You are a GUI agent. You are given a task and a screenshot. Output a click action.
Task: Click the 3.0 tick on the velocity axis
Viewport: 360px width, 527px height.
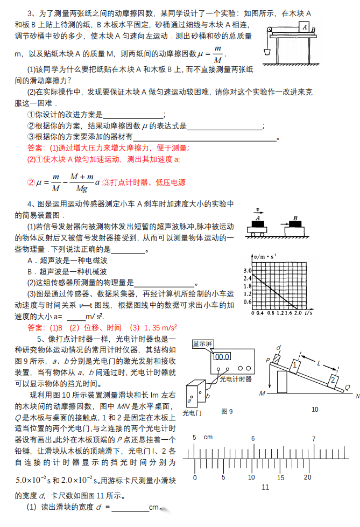coord(248,270)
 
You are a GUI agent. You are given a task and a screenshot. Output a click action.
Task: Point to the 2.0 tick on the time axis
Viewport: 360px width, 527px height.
coord(296,312)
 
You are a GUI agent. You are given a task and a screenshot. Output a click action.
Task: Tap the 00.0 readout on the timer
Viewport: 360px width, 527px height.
coord(222,356)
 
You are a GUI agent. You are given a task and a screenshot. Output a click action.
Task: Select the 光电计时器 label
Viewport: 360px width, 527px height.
coord(235,378)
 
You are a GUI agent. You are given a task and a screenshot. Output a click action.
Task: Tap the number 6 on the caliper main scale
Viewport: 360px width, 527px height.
coord(252,439)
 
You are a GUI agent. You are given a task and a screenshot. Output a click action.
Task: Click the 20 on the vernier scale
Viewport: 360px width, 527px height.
coord(307,477)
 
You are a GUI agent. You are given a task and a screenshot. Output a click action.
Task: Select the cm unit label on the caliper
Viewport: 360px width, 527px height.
coord(209,438)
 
